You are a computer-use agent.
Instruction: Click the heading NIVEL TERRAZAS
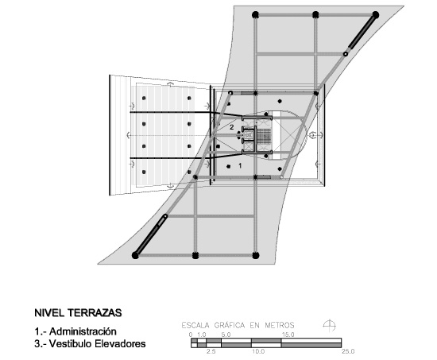tap(78, 312)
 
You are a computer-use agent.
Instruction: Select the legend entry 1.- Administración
tap(75, 331)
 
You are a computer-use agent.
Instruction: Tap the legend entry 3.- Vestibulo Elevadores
tap(90, 343)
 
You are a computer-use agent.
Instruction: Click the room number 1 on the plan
tap(240, 165)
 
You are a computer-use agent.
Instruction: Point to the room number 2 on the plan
tap(231, 127)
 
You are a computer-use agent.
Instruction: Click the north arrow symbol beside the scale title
tap(330, 325)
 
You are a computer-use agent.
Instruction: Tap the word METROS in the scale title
tap(279, 325)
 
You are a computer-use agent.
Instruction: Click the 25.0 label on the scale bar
tap(348, 351)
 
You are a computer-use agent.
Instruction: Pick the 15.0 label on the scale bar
tap(288, 335)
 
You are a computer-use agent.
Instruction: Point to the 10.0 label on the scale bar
tap(258, 351)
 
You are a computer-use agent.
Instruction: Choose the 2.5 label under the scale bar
tap(211, 351)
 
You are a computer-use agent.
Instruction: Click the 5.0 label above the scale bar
tap(226, 335)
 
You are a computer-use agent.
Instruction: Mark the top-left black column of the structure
tap(255, 15)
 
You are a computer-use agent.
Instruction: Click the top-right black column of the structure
tap(375, 15)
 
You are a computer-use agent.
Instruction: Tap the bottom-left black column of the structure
tap(135, 255)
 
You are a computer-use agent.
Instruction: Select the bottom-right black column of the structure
tap(256, 255)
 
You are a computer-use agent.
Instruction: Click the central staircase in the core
tap(263, 136)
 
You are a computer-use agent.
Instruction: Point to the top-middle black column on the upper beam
tap(315, 15)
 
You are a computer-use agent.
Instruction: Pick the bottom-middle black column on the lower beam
tap(195, 255)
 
